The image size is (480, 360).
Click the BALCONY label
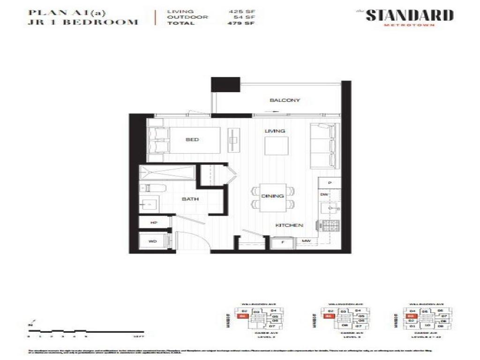pos(285,100)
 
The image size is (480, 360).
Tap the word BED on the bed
pos(192,140)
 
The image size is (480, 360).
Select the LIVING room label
pos(275,131)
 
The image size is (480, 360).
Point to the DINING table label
pos(272,196)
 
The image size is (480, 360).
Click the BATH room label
pos(190,199)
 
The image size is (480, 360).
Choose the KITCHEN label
pos(289,225)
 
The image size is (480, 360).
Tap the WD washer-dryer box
pos(152,241)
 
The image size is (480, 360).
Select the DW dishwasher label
pos(323,195)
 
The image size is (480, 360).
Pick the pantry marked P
pos(330,182)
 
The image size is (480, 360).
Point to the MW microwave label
pos(306,241)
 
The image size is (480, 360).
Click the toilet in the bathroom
pos(153,188)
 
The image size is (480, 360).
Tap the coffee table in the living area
pos(275,145)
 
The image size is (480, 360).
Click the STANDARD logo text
pos(409,15)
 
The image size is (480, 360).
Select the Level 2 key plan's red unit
pos(242,317)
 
